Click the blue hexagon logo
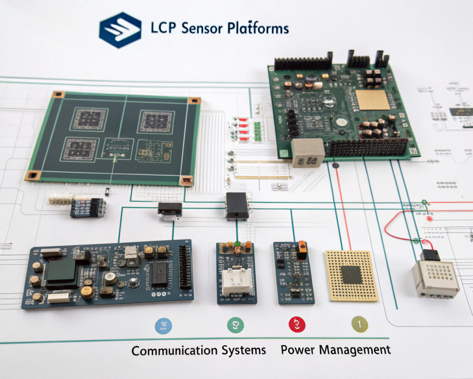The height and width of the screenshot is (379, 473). (120, 30)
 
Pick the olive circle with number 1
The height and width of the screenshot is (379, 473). (360, 324)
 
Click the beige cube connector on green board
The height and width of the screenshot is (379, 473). (308, 153)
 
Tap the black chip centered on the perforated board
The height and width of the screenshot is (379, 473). (352, 275)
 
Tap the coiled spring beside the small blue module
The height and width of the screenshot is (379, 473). (61, 200)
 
